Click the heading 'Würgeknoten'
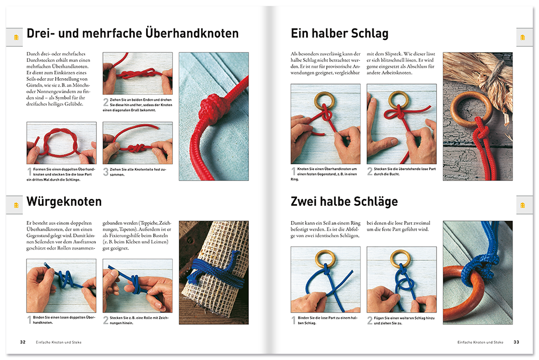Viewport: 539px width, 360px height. point(64,203)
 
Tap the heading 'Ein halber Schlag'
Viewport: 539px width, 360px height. point(339,34)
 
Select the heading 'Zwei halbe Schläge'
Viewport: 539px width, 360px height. point(344,202)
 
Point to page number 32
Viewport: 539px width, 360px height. point(23,342)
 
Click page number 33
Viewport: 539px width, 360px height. point(516,342)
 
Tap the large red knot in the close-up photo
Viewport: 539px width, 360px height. point(208,110)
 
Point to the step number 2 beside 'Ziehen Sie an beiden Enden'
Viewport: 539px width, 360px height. point(106,101)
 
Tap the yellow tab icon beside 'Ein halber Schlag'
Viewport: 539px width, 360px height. point(522,37)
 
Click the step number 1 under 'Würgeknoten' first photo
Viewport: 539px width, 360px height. point(29,321)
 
